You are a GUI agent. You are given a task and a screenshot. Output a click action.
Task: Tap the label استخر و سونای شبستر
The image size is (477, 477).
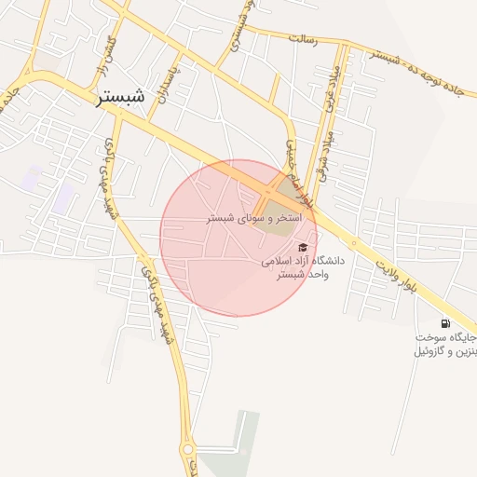[241, 217]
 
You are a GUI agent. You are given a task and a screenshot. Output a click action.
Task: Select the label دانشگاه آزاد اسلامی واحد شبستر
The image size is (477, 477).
[302, 267]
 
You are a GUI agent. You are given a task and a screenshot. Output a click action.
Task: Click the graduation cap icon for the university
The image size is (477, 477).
[302, 247]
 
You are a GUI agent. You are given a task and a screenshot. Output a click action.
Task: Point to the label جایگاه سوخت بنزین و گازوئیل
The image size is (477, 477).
[445, 344]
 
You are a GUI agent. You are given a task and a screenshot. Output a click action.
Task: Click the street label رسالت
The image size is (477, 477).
[304, 39]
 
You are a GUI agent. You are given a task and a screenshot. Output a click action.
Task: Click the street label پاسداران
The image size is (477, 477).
[169, 79]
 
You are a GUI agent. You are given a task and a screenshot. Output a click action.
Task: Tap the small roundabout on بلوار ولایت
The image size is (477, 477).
[354, 245]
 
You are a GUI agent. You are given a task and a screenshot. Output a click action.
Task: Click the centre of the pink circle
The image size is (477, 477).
[238, 238]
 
